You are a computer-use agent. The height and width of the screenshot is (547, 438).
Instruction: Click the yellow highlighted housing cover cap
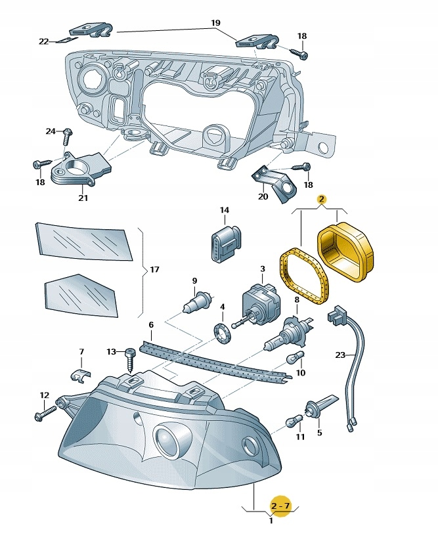click(x=344, y=253)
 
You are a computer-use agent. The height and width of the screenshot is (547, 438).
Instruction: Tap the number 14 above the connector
click(x=225, y=210)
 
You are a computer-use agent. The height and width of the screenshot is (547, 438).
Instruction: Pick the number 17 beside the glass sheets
click(x=154, y=269)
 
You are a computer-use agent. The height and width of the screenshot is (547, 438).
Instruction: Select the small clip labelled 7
click(x=79, y=375)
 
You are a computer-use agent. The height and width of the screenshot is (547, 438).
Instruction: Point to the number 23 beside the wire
click(x=339, y=355)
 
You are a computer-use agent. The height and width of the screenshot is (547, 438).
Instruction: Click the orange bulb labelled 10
click(x=295, y=359)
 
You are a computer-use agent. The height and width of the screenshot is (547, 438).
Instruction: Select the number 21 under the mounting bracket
click(x=83, y=198)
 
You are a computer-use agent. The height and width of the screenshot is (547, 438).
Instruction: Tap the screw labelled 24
click(x=66, y=136)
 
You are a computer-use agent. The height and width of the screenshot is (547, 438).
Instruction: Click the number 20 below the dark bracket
click(x=263, y=196)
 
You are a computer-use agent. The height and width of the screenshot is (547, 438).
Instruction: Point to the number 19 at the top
click(x=215, y=22)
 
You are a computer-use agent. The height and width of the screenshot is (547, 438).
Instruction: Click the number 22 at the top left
click(x=43, y=41)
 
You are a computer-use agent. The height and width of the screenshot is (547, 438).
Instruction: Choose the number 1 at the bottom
click(x=271, y=521)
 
